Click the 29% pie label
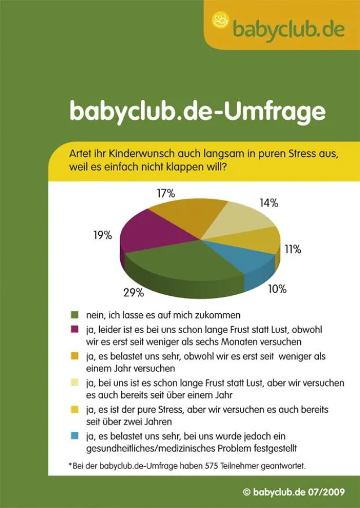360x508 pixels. coord(134,293)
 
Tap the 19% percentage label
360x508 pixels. coord(102,235)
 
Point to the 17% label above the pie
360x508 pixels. coord(166,193)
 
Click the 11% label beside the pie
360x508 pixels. coord(292,249)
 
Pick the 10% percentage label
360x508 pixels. coord(277,289)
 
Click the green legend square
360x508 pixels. coord(73,315)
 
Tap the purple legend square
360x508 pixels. coord(73,329)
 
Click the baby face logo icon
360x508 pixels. coord(220,20)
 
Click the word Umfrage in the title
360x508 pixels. coord(274,111)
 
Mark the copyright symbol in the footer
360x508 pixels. coord(247,492)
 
